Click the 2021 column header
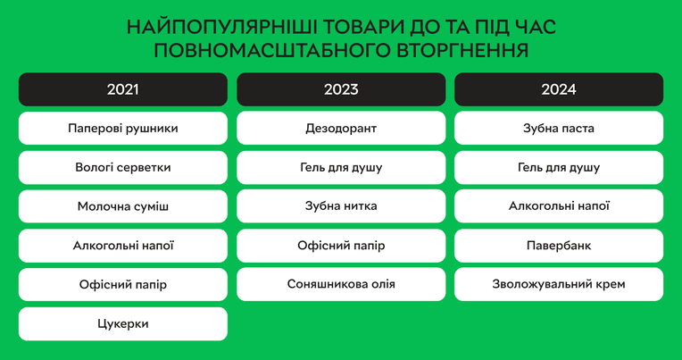pos(122,89)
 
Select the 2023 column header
pos(341,89)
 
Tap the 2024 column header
pos(559,89)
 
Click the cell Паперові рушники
pos(122,129)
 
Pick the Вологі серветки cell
pos(122,168)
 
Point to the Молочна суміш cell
pos(122,206)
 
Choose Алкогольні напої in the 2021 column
pos(122,246)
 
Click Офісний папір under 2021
pos(122,285)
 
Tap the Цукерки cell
pos(122,324)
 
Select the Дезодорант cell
pos(341,128)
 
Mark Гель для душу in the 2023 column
pos(341,167)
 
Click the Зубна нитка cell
pos(341,205)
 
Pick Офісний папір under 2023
pos(341,246)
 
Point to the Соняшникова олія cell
pos(341,284)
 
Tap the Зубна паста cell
pos(559,128)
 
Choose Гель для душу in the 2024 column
pos(559,167)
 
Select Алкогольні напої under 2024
pos(559,205)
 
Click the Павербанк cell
pos(559,246)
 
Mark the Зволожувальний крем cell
pos(559,284)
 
